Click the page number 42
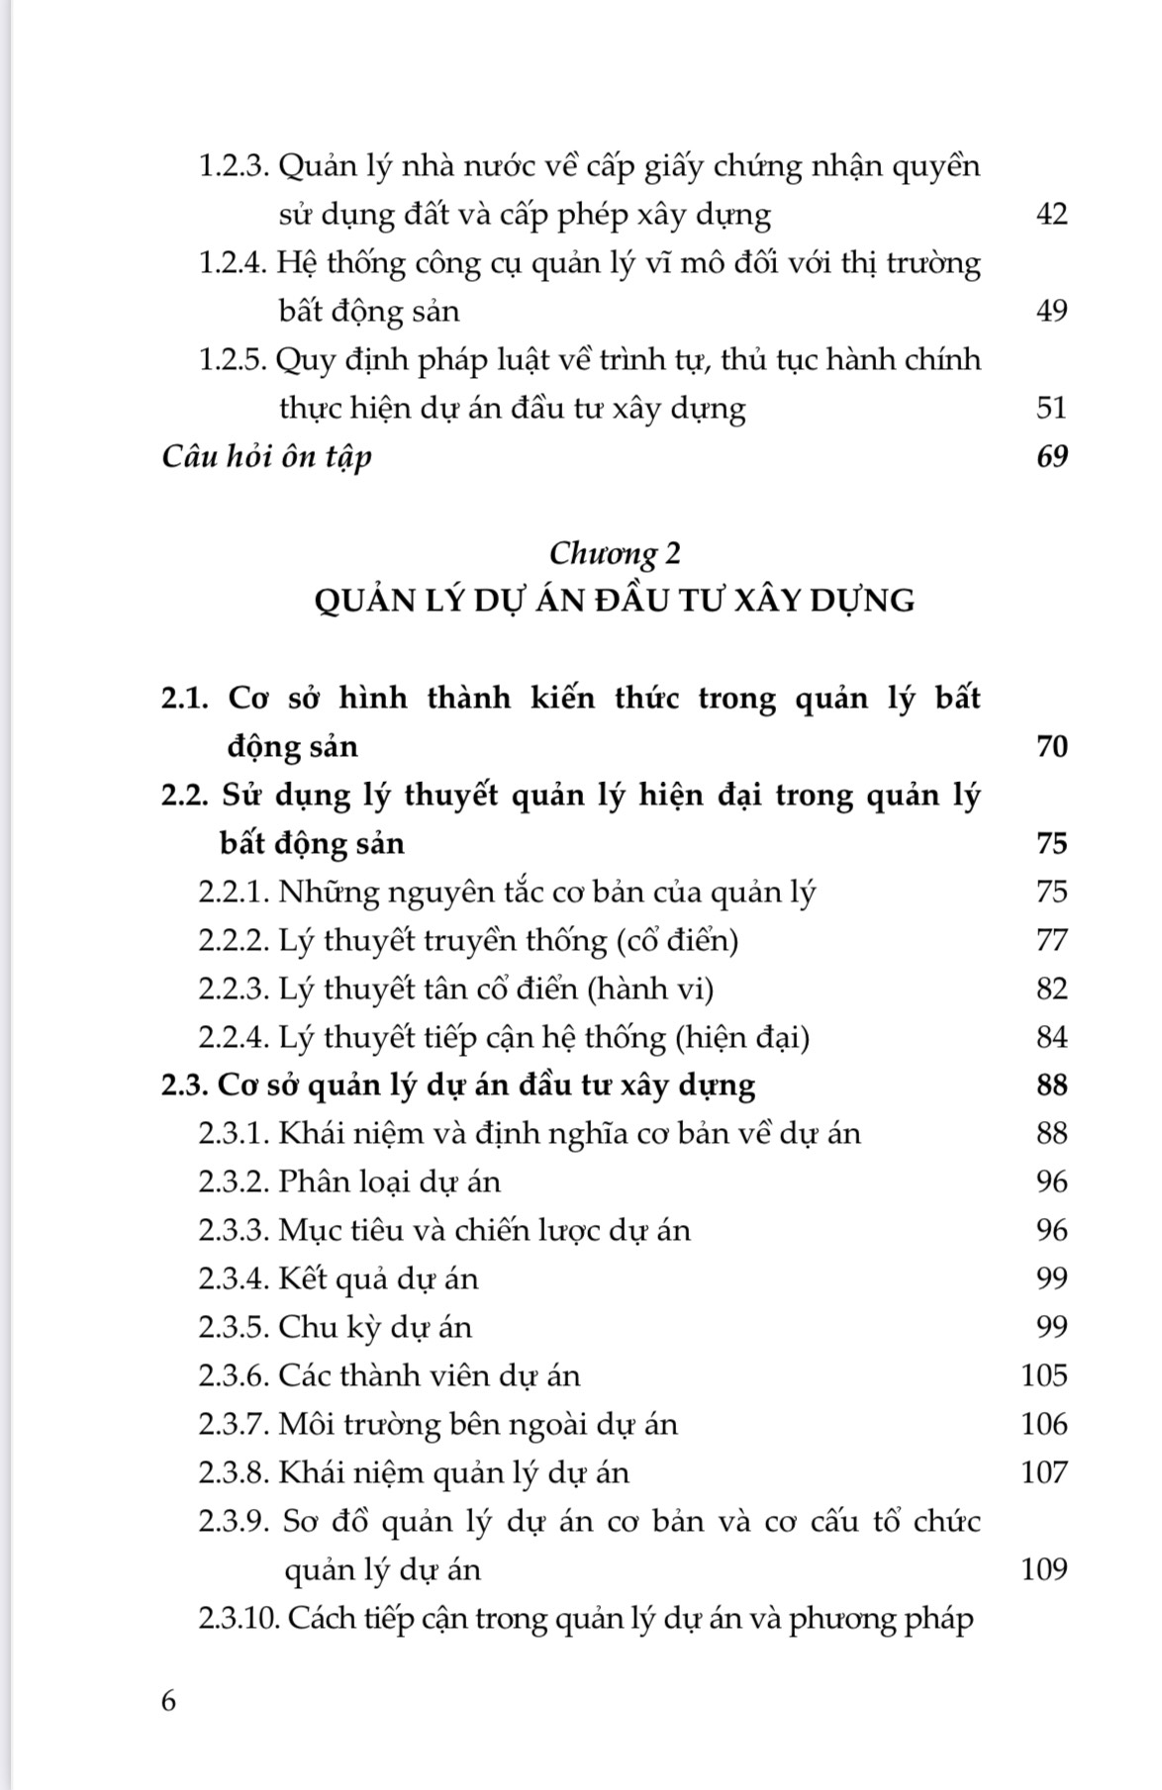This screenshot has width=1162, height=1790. [x=1051, y=214]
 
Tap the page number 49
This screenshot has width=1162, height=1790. [x=1051, y=311]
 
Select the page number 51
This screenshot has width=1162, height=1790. [x=1051, y=408]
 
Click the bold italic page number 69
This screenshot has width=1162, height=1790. [x=1051, y=456]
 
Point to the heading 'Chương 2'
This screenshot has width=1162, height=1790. [x=615, y=552]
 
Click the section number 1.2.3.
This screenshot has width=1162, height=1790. [x=235, y=165]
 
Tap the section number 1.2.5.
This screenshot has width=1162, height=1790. [x=234, y=359]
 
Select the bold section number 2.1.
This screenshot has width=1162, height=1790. [x=185, y=698]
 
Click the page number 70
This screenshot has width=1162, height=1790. [x=1051, y=746]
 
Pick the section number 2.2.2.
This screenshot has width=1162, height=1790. [x=234, y=940]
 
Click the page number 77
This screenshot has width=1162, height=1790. [x=1051, y=940]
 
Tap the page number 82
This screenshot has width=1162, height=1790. [x=1051, y=989]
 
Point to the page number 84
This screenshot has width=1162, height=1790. [x=1051, y=1037]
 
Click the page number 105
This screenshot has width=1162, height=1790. [x=1044, y=1375]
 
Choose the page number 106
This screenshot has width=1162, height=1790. [x=1044, y=1424]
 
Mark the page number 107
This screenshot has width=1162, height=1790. [x=1044, y=1472]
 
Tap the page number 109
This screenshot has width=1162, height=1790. [x=1044, y=1569]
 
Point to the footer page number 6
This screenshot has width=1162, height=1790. [x=168, y=1701]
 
